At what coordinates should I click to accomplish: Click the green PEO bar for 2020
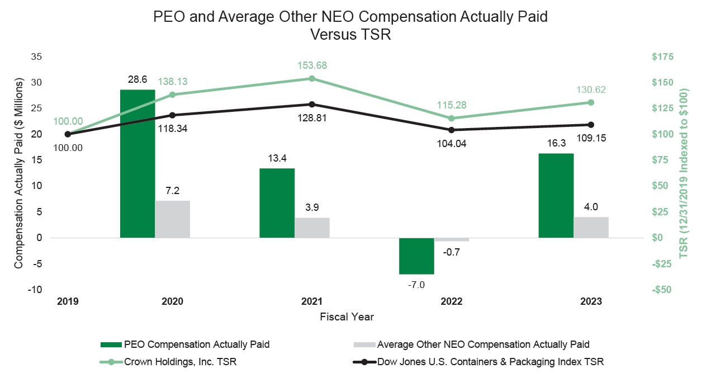pyautogui.click(x=137, y=163)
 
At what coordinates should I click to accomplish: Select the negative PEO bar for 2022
pyautogui.click(x=416, y=256)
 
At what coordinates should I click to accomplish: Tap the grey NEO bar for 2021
pyautogui.click(x=312, y=227)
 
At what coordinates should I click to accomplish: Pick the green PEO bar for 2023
pyautogui.click(x=556, y=195)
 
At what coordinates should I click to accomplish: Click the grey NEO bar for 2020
pyautogui.click(x=173, y=219)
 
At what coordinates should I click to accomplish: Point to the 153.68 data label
pyautogui.click(x=312, y=65)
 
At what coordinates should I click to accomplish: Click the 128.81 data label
pyautogui.click(x=312, y=118)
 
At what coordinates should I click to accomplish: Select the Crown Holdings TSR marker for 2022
pyautogui.click(x=452, y=118)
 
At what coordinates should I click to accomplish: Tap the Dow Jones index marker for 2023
pyautogui.click(x=591, y=125)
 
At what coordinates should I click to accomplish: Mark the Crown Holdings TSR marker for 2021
pyautogui.click(x=312, y=78)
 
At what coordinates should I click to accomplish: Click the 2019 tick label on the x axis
pyautogui.click(x=68, y=301)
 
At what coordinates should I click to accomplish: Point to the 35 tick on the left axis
pyautogui.click(x=36, y=56)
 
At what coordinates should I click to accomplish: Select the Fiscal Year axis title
pyautogui.click(x=347, y=317)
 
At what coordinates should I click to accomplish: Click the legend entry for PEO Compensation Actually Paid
pyautogui.click(x=196, y=344)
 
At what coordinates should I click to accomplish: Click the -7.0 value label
pyautogui.click(x=416, y=285)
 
